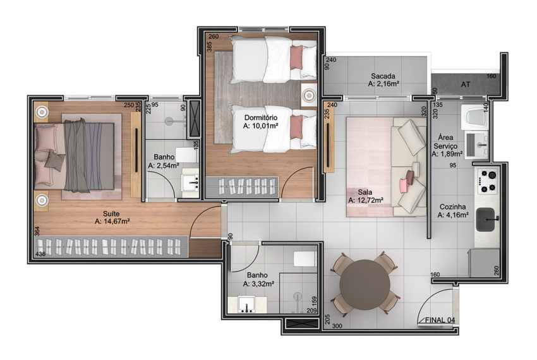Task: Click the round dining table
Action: (x=365, y=285)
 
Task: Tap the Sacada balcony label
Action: (x=383, y=76)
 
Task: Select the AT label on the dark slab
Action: (x=466, y=84)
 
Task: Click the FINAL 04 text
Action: (x=440, y=320)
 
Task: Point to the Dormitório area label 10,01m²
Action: (x=260, y=126)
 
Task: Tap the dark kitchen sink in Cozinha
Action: (x=487, y=219)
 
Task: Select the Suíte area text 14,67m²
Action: (x=112, y=222)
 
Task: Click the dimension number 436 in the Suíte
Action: (x=40, y=254)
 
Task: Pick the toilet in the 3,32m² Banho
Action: (x=305, y=258)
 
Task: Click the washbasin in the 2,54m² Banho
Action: (x=190, y=184)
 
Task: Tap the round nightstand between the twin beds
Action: (x=310, y=95)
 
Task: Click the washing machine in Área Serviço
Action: (x=474, y=116)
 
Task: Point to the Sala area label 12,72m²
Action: (x=365, y=200)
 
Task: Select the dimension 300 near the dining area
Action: (x=337, y=326)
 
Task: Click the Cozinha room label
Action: (x=452, y=207)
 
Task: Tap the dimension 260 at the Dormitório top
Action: (x=214, y=37)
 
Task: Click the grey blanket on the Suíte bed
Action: (x=76, y=155)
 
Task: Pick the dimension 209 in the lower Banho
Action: (x=311, y=311)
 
